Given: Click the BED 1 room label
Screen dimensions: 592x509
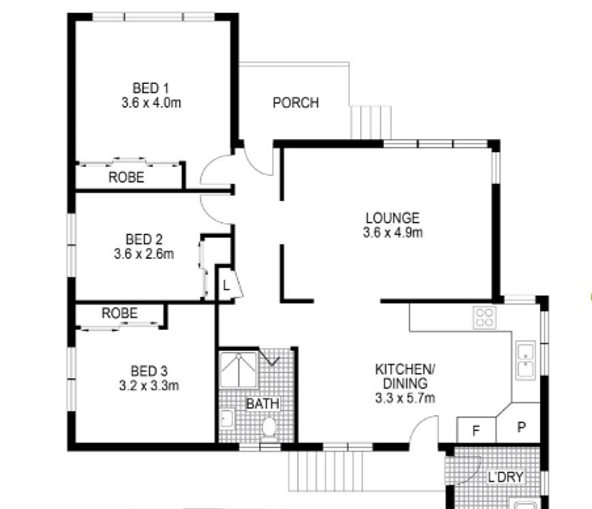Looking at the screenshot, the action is (x=150, y=88).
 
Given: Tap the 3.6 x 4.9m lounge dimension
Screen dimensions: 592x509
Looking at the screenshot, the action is (x=393, y=232).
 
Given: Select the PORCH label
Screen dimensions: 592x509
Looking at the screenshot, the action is (x=296, y=103).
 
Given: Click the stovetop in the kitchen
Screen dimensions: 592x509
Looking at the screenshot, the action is (x=485, y=317).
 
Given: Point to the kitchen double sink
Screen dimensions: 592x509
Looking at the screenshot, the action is (x=526, y=360).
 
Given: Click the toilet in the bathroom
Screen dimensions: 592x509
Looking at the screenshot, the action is (x=269, y=429).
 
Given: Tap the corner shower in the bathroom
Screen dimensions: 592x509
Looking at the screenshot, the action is (x=238, y=370).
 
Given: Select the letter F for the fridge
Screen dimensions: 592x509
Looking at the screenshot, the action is (x=476, y=430).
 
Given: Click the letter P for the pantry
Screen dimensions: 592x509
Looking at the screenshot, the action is (x=521, y=427).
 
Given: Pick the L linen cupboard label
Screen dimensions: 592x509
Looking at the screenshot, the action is (x=226, y=285).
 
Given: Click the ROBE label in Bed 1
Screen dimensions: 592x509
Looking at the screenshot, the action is (x=126, y=177).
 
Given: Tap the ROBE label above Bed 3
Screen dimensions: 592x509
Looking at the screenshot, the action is (x=120, y=313).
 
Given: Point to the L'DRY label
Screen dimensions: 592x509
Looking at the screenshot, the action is (x=506, y=477).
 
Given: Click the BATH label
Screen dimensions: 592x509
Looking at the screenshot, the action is (x=263, y=404).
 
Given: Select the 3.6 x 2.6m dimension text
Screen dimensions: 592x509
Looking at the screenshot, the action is (x=144, y=254).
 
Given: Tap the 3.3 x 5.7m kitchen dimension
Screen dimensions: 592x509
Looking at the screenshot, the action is (x=405, y=398).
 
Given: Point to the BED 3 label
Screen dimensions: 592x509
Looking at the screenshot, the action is (x=149, y=371).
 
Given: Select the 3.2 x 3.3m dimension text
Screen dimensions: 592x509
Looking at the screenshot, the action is (x=149, y=386).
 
